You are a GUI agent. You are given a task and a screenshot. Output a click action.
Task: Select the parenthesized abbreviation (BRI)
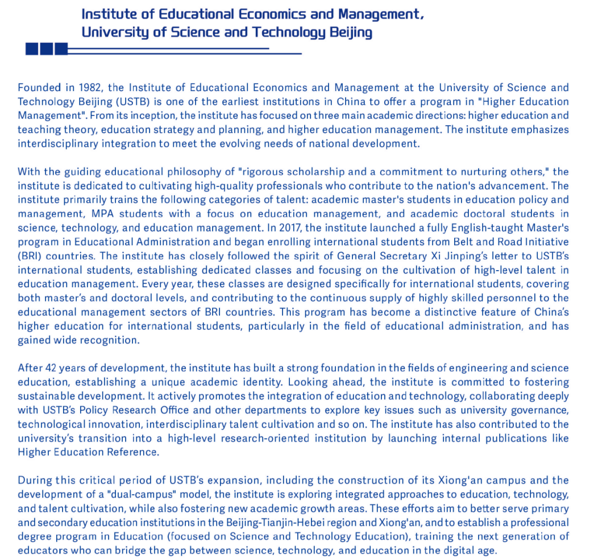[31, 255]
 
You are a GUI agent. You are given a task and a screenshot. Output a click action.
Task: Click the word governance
[537, 410]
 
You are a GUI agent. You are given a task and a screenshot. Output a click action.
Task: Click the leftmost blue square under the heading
[32, 49]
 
